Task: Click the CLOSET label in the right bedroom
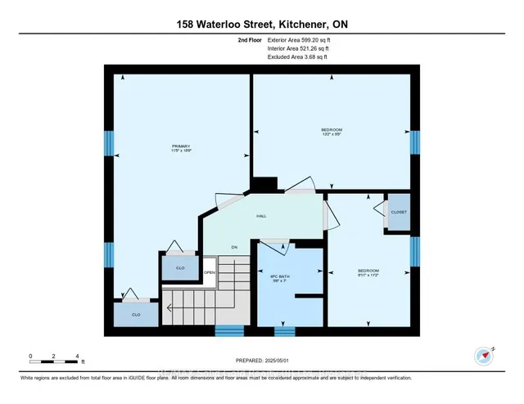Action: (398, 212)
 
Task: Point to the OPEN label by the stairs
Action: (209, 272)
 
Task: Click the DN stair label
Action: (233, 246)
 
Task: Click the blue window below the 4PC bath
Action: (284, 332)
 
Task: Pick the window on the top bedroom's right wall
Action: (414, 143)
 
